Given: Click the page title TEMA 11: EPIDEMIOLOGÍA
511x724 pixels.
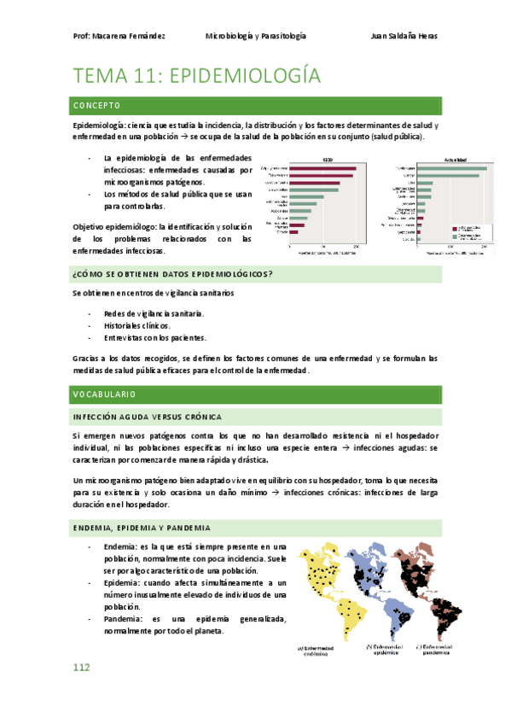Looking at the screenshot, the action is [197, 76].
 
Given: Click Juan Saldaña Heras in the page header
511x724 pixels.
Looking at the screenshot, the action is [405, 37].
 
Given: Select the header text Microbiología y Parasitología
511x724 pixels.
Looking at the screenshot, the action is [255, 37].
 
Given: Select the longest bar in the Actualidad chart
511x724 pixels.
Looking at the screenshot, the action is [459, 168].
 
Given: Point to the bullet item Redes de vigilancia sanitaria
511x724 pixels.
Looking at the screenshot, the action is [153, 313].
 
